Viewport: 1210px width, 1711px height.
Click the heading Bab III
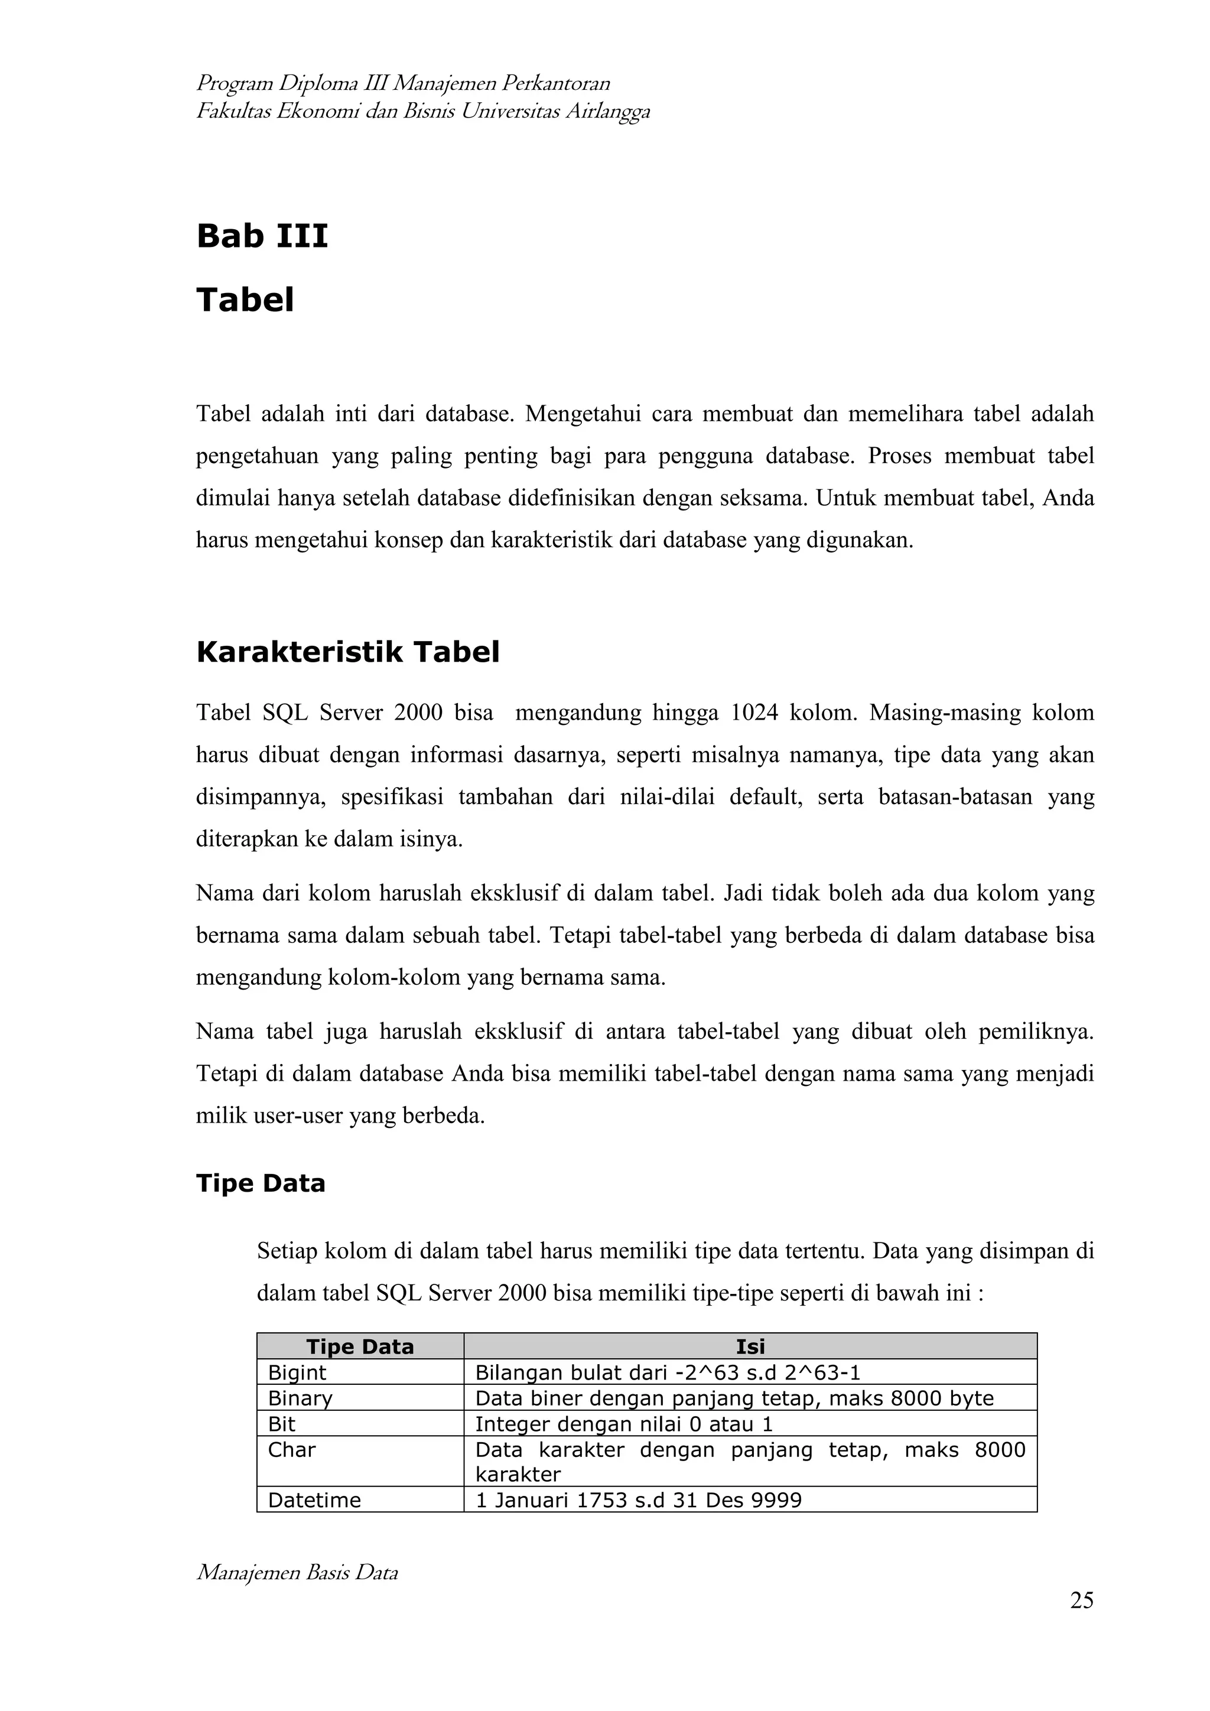[262, 236]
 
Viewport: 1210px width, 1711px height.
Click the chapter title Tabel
[245, 300]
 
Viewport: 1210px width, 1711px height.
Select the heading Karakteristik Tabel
[347, 652]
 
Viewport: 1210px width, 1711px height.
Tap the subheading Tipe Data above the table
[260, 1183]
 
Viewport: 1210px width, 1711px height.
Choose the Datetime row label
[314, 1500]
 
